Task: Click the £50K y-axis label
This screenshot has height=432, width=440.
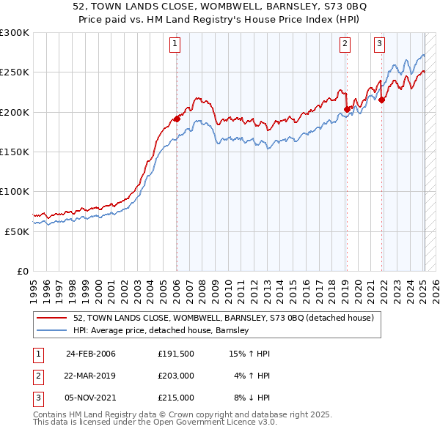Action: pos(16,231)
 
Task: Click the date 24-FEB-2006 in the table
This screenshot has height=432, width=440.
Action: pos(90,354)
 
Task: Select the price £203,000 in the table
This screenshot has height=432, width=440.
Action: pos(175,376)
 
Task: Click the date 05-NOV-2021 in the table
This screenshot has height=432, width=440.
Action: pos(91,398)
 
